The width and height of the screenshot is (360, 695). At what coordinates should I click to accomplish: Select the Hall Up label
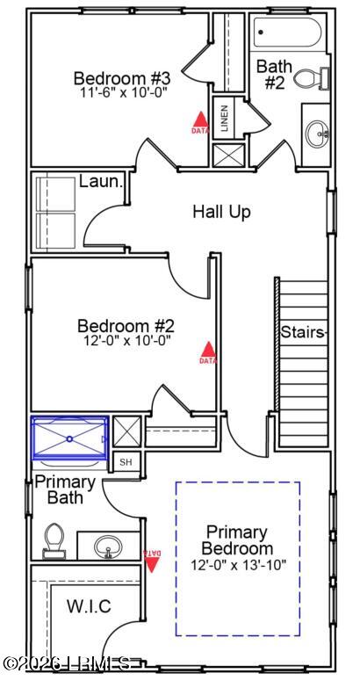[222, 212]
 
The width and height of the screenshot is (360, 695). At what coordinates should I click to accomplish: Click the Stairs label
[304, 332]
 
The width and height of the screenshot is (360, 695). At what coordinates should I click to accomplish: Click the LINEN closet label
[224, 119]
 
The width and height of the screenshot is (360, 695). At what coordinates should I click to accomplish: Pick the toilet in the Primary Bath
[54, 540]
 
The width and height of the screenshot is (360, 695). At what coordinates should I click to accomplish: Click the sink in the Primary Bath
[110, 547]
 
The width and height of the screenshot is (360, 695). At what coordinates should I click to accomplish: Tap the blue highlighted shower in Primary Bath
[70, 438]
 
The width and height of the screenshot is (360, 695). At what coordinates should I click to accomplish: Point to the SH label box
[126, 462]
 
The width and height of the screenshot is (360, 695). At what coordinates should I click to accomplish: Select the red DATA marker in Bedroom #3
[200, 122]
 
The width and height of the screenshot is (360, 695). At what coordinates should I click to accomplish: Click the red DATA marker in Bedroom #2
[207, 352]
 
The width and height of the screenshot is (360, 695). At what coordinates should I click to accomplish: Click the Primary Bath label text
[64, 489]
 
